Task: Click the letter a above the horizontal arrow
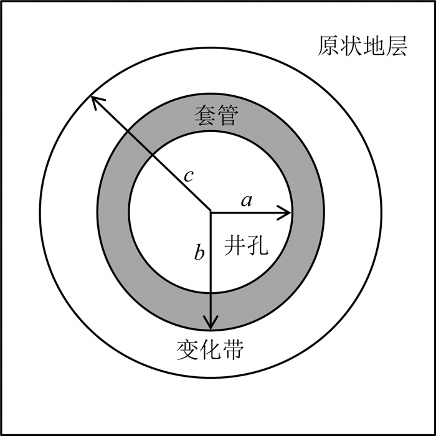click(247, 201)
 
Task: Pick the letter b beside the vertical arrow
click(199, 253)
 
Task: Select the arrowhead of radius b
click(212, 323)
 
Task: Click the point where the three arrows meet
click(211, 213)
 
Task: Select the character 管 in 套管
click(227, 115)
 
